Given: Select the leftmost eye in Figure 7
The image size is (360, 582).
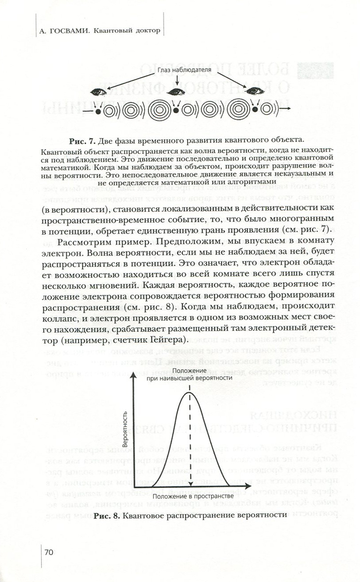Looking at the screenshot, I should [x=99, y=92].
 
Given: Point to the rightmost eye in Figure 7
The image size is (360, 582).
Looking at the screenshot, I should [x=255, y=92].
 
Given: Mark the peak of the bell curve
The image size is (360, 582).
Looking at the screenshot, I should [x=190, y=392].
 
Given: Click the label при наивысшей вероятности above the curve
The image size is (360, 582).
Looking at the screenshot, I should [x=190, y=378].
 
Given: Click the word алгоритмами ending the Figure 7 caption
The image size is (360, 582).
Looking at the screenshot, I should [x=251, y=181].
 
